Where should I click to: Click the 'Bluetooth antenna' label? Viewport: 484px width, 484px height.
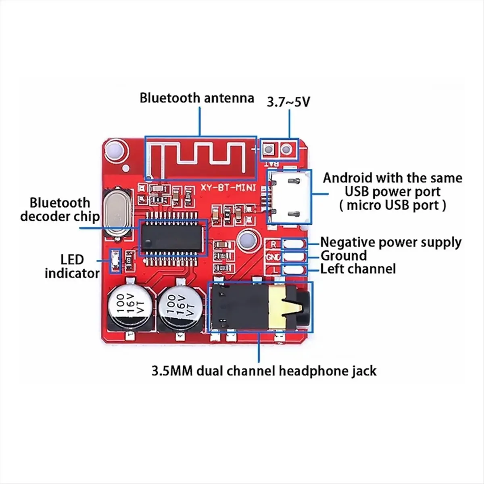[x=197, y=98]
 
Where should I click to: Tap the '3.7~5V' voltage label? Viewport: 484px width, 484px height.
[x=289, y=102]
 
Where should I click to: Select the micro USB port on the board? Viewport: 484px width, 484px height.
[x=290, y=196]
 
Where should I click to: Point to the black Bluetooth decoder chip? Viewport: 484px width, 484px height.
[x=173, y=238]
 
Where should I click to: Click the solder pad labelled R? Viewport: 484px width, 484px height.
[x=295, y=244]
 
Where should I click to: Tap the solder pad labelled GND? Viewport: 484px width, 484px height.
[x=295, y=257]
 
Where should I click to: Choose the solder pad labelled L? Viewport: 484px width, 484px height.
[x=295, y=269]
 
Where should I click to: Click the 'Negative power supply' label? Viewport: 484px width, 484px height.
[x=390, y=242]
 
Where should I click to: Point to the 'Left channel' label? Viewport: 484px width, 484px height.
[x=358, y=269]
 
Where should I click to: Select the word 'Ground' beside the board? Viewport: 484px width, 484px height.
[x=344, y=256]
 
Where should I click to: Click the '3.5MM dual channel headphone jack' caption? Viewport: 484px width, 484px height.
[x=264, y=371]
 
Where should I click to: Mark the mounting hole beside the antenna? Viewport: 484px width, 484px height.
[x=115, y=150]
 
